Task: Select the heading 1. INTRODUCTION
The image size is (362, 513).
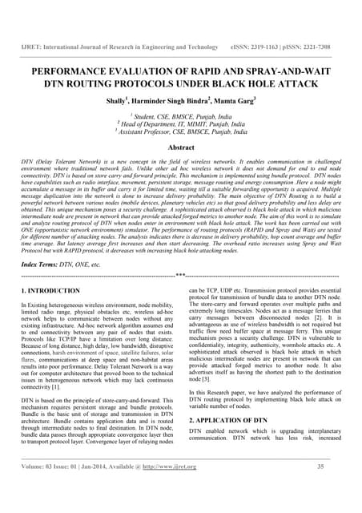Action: tap(52, 289)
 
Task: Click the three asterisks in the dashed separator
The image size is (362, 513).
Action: tap(181, 275)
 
